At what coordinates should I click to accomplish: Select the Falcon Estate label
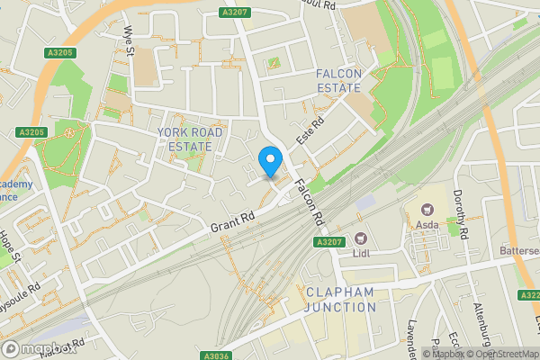tap(337, 80)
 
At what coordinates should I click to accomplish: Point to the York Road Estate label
tap(191, 139)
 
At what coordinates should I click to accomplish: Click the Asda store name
tap(427, 226)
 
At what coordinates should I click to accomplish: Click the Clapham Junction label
tap(340, 300)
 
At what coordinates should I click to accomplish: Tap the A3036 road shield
tap(218, 355)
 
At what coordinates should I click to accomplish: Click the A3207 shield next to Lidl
tap(329, 242)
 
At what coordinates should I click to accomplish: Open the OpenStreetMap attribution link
tap(505, 354)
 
